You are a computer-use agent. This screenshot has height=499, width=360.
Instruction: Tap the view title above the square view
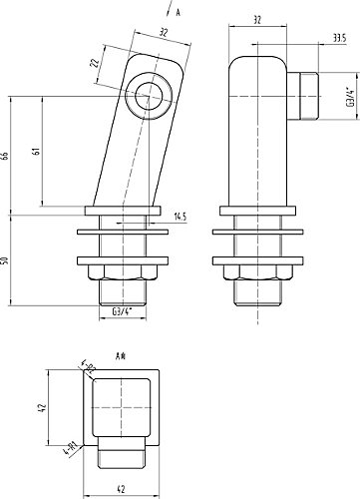(120, 354)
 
